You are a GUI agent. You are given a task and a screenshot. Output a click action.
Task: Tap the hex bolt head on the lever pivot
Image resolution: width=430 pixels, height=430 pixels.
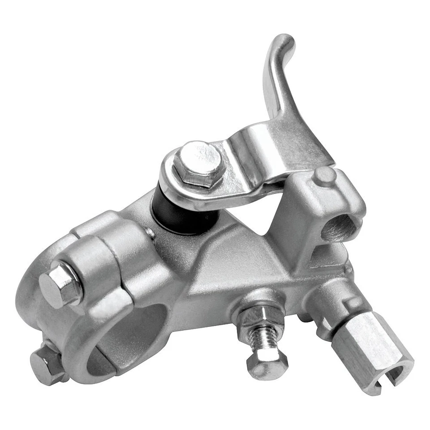[x=198, y=163]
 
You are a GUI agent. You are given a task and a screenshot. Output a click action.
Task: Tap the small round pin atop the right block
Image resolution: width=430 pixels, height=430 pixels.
[x=324, y=176]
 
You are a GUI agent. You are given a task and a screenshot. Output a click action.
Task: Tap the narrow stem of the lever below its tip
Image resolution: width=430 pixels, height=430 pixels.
[x=274, y=85]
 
